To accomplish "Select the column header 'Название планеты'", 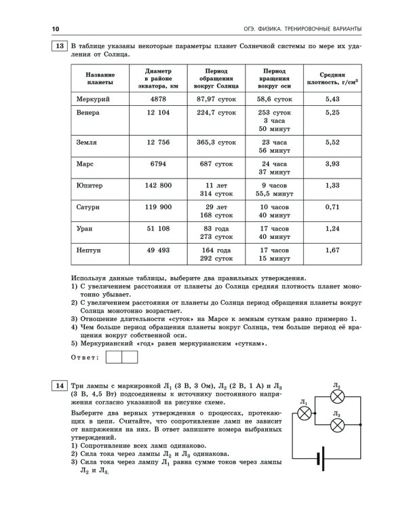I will click(100, 78).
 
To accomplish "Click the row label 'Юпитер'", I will click(90, 185).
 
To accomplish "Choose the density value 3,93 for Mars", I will click(332, 164).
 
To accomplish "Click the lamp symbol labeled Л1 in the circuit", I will click(306, 412).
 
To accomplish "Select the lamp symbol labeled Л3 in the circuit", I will click(338, 425).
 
